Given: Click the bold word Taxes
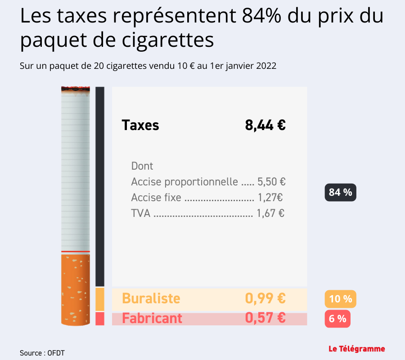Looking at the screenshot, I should (x=140, y=125).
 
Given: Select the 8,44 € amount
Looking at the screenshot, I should (x=265, y=125).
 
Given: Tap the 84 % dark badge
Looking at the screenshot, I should (x=340, y=193).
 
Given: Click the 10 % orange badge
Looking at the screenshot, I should (x=340, y=299).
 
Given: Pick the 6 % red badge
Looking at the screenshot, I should (x=337, y=319).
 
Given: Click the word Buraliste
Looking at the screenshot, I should (x=151, y=298).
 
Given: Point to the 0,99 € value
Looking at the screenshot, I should (x=265, y=298).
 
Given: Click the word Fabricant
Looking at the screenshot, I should (x=152, y=318).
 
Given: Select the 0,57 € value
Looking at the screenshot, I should (x=265, y=318).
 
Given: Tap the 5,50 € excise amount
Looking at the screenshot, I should (x=271, y=182).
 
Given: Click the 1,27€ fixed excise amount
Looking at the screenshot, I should (x=270, y=198).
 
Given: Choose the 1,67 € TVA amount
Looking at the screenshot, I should (x=270, y=213).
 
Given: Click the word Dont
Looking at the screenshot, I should (x=142, y=166).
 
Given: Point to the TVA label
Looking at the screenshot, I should (x=141, y=213).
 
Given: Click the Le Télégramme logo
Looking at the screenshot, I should (x=356, y=349).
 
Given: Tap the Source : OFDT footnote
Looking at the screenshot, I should (x=42, y=353).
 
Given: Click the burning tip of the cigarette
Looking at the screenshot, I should (x=75, y=90).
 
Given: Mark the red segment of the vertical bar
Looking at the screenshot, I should (x=100, y=319).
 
